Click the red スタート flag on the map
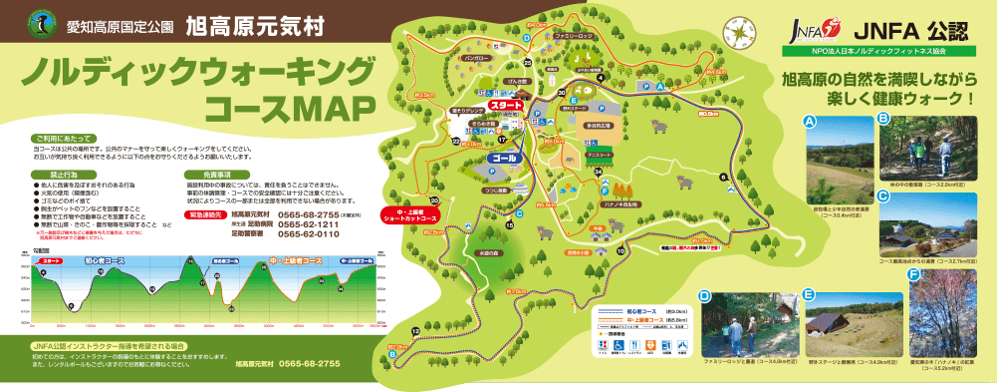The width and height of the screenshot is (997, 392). [x=507, y=105]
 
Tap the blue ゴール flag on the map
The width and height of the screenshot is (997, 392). [x=501, y=158]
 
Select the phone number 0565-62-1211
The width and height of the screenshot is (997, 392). [x=310, y=224]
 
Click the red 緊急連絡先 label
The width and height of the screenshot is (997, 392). [x=205, y=213]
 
